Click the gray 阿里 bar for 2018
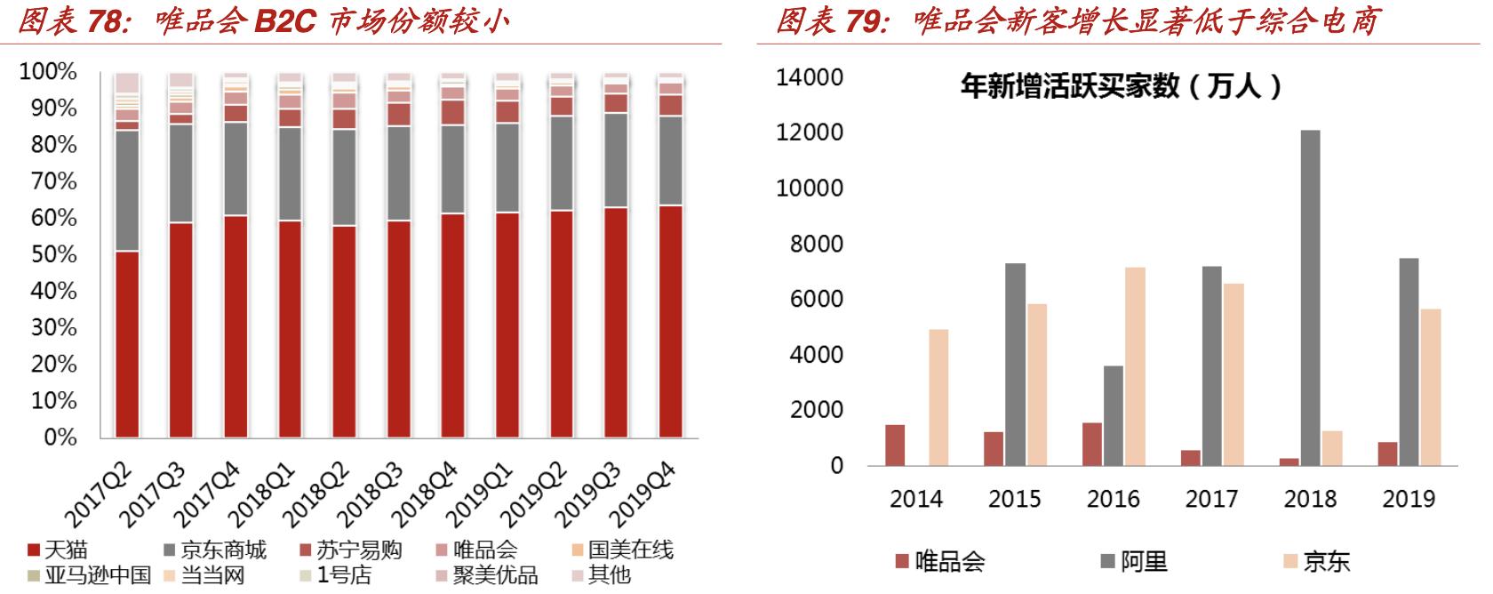click(1310, 298)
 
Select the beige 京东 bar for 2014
click(938, 397)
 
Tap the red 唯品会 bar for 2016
click(1092, 444)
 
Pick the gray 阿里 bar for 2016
click(1114, 415)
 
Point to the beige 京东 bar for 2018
click(1331, 448)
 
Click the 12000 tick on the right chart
click(810, 133)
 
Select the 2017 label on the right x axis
click(1211, 499)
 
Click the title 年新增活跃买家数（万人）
click(1122, 86)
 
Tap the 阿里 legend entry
click(1133, 561)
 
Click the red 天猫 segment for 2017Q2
click(127, 344)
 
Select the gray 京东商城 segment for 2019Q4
click(671, 161)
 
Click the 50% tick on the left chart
click(48, 255)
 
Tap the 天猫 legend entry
click(59, 550)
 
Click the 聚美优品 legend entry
click(484, 575)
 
